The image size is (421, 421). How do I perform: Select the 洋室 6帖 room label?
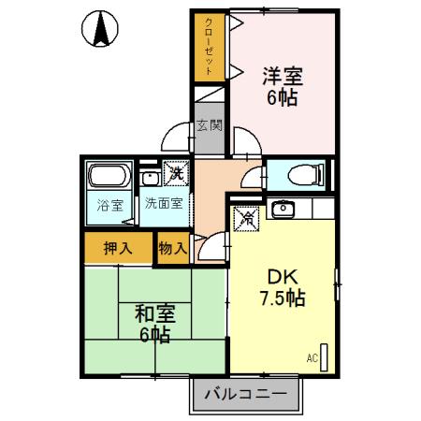[x=281, y=84]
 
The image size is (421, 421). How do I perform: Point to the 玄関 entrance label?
[x=210, y=123]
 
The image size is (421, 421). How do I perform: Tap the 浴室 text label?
[x=110, y=207]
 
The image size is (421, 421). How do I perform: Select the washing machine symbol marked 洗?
[x=175, y=172]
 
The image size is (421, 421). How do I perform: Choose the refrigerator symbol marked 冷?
[x=248, y=216]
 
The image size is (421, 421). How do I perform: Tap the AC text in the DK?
[x=312, y=356]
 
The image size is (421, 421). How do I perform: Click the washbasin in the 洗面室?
[x=149, y=178]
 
